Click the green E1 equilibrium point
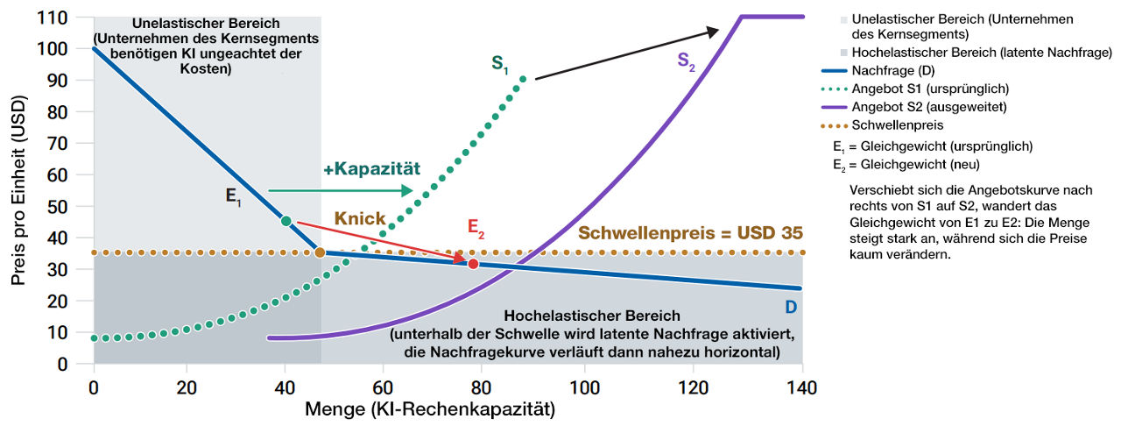286,221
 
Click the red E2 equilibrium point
473,263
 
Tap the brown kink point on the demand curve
321,252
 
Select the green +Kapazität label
370,167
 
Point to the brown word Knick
360,217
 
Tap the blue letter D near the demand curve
791,308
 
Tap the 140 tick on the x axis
802,387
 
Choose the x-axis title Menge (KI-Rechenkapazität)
430,408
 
